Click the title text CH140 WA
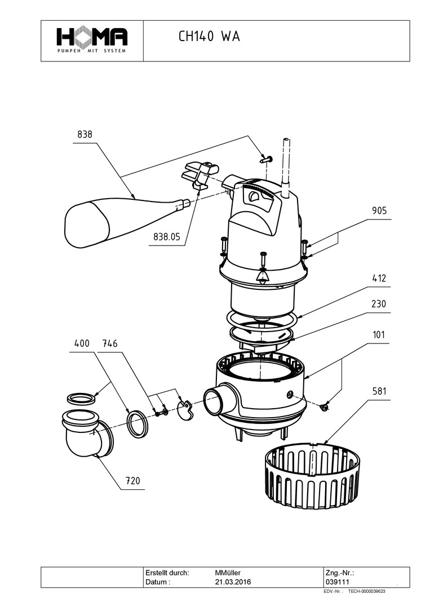209,37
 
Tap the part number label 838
85,135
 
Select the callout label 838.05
167,238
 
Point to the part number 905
379,211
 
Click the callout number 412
379,279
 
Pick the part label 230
379,304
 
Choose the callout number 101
379,335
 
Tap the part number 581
379,391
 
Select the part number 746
111,343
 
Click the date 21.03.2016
233,582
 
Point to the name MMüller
228,572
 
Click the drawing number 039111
338,582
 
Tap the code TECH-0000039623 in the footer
367,592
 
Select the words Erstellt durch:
167,572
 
